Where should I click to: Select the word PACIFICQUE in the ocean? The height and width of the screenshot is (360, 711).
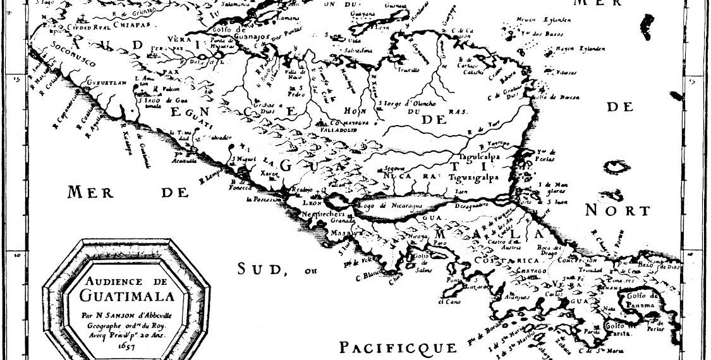pos(398,347)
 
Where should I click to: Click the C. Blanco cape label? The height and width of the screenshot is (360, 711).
pos(368,275)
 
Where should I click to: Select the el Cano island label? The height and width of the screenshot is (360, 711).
pos(447,301)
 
